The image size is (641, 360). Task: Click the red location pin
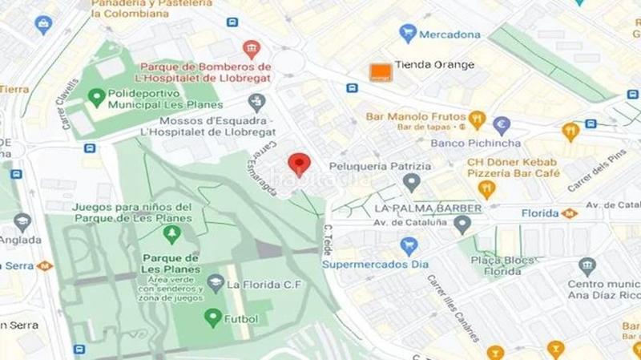tap(300, 163)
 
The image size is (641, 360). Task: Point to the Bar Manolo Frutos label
tap(414, 116)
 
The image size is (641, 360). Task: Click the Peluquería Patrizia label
tap(381, 167)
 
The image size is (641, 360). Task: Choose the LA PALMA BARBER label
tap(428, 208)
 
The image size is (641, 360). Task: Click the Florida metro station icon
tap(570, 213)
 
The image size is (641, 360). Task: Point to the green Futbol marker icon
tap(212, 318)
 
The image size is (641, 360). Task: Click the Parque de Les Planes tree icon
tap(171, 234)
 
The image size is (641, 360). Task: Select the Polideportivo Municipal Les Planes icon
tap(96, 99)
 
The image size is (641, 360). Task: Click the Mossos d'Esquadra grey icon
tap(256, 102)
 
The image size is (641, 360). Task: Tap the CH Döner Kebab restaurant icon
tap(486, 189)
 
